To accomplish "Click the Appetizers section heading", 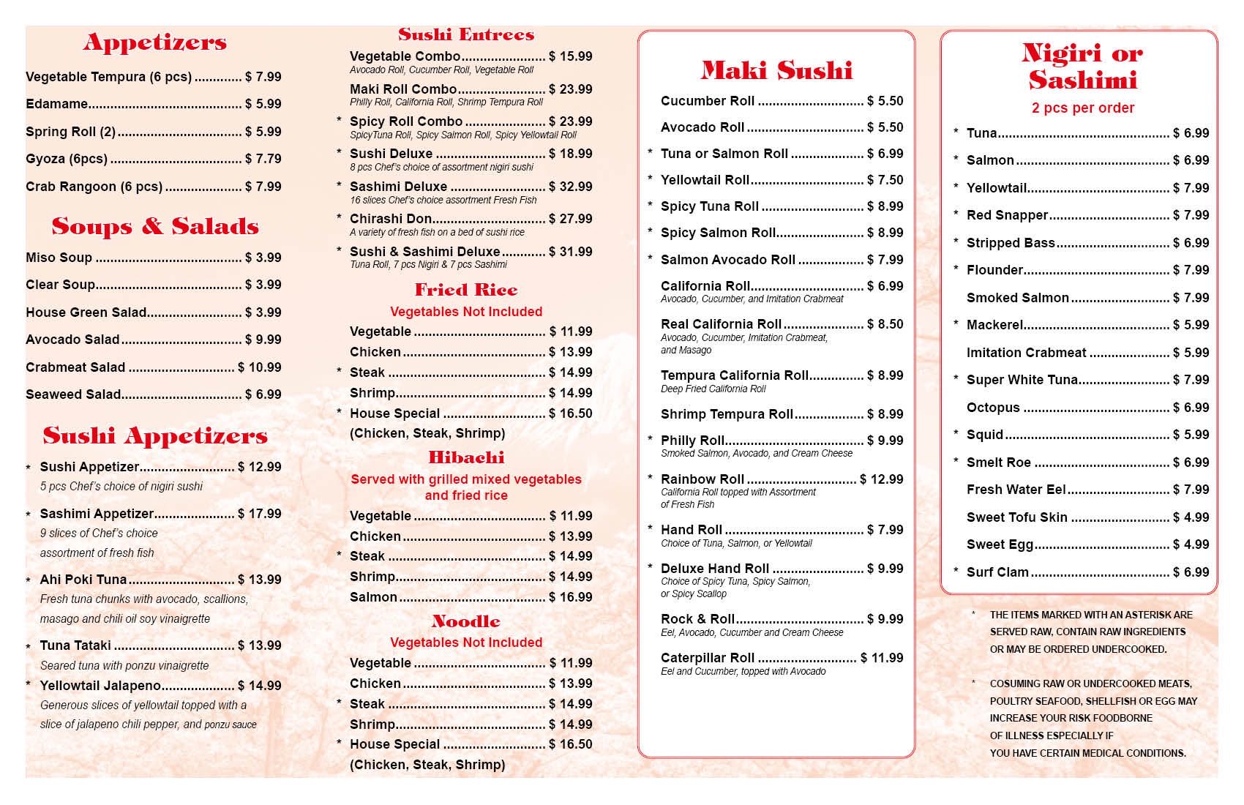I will pyautogui.click(x=154, y=42).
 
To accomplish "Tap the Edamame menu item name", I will pyautogui.click(x=56, y=104).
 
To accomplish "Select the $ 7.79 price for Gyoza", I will pyautogui.click(x=263, y=159).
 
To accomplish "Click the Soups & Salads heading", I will pyautogui.click(x=154, y=227).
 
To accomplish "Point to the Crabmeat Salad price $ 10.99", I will pyautogui.click(x=259, y=367).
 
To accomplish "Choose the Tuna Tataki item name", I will pyautogui.click(x=75, y=645).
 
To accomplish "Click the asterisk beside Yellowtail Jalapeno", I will pyautogui.click(x=29, y=686).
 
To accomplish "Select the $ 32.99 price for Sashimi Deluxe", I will pyautogui.click(x=570, y=187).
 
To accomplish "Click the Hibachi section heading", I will pyautogui.click(x=466, y=458).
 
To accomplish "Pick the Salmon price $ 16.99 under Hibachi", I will pyautogui.click(x=570, y=597).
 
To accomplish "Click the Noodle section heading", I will pyautogui.click(x=466, y=622).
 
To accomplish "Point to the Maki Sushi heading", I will pyautogui.click(x=776, y=71).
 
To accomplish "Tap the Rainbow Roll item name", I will pyautogui.click(x=702, y=479).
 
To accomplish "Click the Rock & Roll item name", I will pyautogui.click(x=697, y=619).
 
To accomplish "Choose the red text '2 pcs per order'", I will pyautogui.click(x=1082, y=108).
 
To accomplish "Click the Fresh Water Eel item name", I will pyautogui.click(x=1016, y=490).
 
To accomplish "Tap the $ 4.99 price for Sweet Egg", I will pyautogui.click(x=1191, y=544).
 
